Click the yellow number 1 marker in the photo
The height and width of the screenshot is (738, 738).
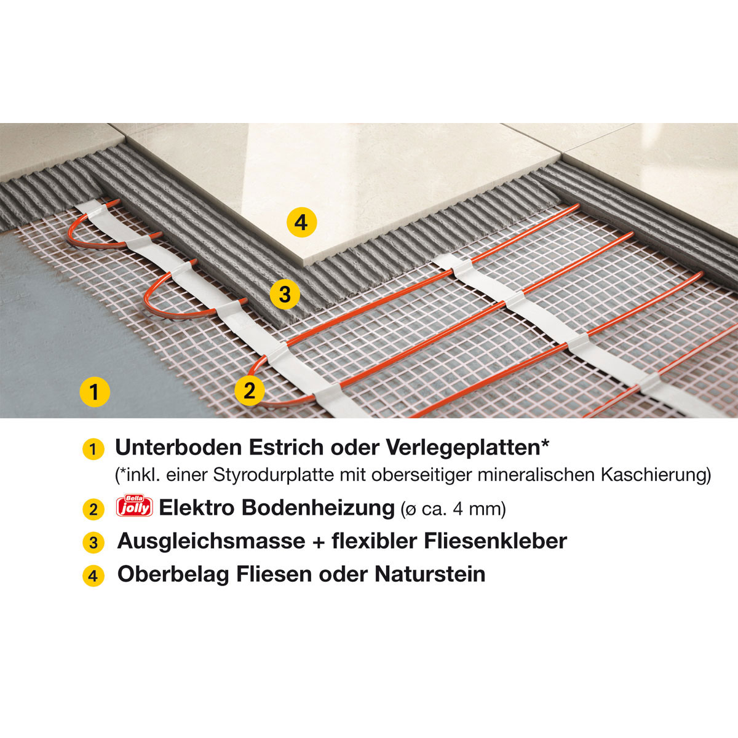coord(94,391)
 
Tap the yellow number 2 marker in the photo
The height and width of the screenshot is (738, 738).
coord(250,390)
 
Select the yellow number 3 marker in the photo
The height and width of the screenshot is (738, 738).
coord(285,295)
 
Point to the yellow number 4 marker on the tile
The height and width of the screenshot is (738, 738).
coord(301,222)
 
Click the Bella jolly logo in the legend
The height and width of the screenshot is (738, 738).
coord(133,507)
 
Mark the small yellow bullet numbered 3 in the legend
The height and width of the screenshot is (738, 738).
coord(93,543)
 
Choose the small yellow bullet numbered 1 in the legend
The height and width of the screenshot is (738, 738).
coord(93,449)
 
